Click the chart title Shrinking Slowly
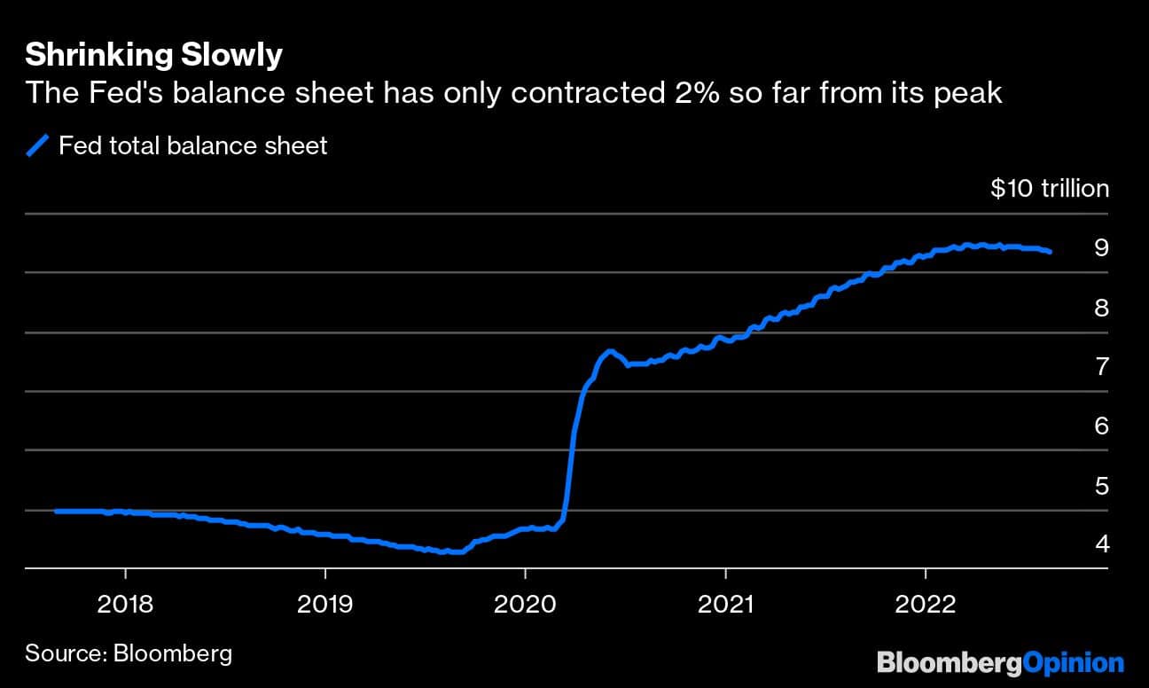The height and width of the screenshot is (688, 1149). pyautogui.click(x=153, y=55)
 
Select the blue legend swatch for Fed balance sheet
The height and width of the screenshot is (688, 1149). pyautogui.click(x=38, y=145)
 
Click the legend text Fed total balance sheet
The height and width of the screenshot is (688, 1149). pyautogui.click(x=192, y=145)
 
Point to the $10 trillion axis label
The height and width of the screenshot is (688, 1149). pyautogui.click(x=1050, y=189)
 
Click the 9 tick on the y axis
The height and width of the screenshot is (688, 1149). pyautogui.click(x=1101, y=247)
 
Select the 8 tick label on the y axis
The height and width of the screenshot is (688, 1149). pyautogui.click(x=1101, y=308)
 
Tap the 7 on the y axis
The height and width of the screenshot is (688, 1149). pyautogui.click(x=1101, y=366)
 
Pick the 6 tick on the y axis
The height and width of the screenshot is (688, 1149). pyautogui.click(x=1101, y=426)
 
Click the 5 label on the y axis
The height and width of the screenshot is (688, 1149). pyautogui.click(x=1101, y=486)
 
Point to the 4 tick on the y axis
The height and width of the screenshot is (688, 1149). pyautogui.click(x=1101, y=543)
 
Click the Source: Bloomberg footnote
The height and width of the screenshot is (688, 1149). pyautogui.click(x=129, y=654)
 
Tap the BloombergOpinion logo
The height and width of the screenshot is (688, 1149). pyautogui.click(x=1000, y=661)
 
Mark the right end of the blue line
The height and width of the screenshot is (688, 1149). pyautogui.click(x=1051, y=252)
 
